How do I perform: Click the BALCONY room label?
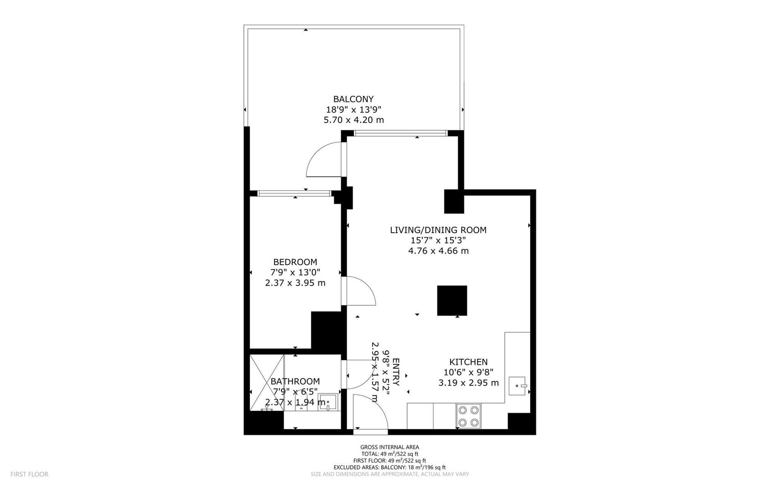click(x=353, y=99)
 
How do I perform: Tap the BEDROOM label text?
click(x=295, y=262)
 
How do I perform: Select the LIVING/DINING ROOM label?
click(x=438, y=230)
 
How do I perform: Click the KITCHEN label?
click(x=468, y=362)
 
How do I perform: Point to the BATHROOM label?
click(x=295, y=381)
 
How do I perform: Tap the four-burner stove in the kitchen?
click(x=469, y=416)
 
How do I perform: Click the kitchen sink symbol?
click(x=517, y=386)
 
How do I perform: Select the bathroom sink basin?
click(x=326, y=402)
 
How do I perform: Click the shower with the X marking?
click(x=267, y=382)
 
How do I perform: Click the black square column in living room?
click(x=452, y=301)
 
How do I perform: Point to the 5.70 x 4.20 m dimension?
click(x=354, y=120)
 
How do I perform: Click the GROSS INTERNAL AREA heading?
click(x=390, y=447)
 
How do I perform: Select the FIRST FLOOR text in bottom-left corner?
click(x=29, y=474)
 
